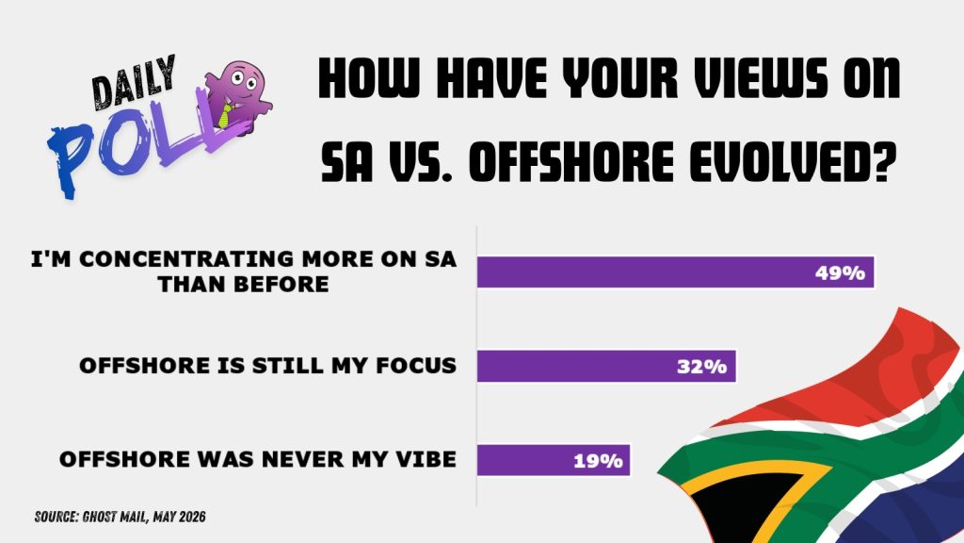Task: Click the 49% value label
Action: (840, 272)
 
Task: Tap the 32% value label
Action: (701, 367)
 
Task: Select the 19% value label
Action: (598, 460)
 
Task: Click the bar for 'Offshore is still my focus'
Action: (606, 367)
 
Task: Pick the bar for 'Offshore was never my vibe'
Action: (554, 460)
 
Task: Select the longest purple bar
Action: (676, 272)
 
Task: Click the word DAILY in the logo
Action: (134, 83)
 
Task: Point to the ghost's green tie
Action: (226, 115)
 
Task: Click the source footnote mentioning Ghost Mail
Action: (120, 517)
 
